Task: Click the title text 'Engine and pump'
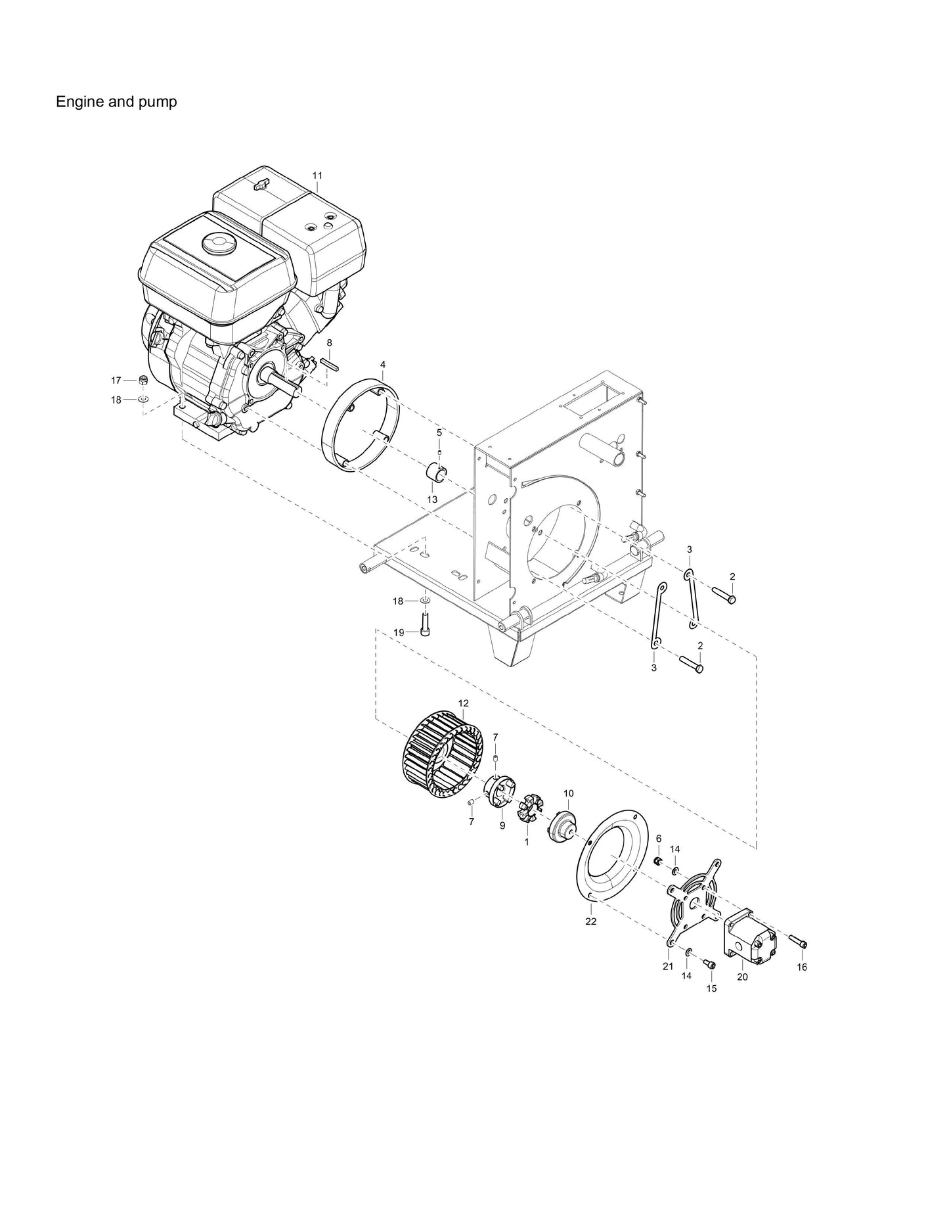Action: (116, 103)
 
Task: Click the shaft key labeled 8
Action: (329, 363)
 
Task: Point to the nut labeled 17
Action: (143, 380)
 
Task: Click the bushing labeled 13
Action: (436, 472)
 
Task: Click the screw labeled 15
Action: (709, 963)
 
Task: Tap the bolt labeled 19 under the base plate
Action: (424, 623)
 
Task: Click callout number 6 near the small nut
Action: (659, 839)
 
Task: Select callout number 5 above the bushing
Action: (439, 432)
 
